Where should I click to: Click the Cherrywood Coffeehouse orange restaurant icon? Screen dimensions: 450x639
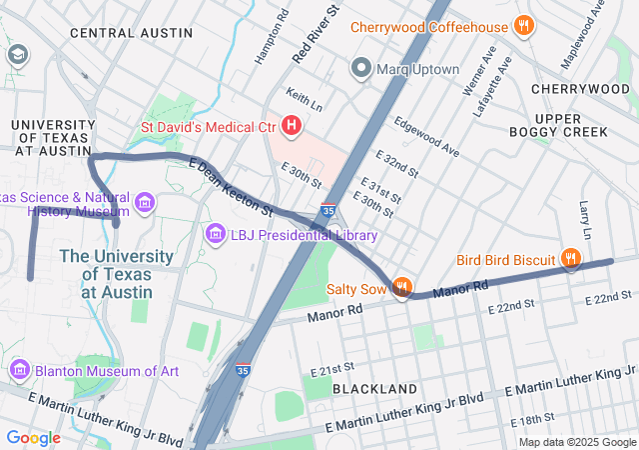522,27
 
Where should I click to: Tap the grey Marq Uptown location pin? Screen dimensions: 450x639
361,69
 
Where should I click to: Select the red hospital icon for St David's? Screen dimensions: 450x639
292,125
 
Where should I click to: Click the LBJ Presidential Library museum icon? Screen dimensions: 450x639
215,235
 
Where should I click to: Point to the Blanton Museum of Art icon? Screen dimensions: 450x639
20,370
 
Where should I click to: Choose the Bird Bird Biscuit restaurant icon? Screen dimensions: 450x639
570,259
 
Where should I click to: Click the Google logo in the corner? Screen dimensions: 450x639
33,438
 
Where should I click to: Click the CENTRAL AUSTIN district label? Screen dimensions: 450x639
131,33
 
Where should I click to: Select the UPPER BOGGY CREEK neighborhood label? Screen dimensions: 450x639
557,125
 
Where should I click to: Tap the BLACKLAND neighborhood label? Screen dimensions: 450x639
374,388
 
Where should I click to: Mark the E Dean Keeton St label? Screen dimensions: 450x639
230,187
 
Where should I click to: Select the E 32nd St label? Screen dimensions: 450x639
397,167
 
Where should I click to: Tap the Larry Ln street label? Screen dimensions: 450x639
585,220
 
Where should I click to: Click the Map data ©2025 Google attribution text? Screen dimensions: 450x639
576,442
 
